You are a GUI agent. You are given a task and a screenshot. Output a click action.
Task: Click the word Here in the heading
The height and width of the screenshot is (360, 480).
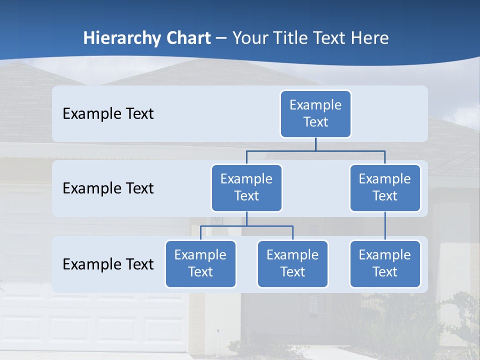(370, 38)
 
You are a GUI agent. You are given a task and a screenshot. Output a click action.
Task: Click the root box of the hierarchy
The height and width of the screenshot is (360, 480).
(315, 113)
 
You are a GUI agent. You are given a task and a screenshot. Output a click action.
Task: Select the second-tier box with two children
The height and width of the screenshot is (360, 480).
(246, 187)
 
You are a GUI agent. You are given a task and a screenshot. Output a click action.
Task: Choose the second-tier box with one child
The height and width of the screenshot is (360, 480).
(385, 187)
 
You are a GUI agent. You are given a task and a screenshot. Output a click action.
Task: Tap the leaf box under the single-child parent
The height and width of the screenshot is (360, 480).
(385, 263)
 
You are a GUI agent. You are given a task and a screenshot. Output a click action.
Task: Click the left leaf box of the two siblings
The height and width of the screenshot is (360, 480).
(200, 263)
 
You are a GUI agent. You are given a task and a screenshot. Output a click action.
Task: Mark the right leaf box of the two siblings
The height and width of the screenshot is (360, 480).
(292, 263)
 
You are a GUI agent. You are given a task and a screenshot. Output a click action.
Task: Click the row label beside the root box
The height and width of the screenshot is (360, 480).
(108, 114)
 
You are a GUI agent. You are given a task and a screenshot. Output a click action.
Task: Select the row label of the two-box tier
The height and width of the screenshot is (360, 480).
(108, 188)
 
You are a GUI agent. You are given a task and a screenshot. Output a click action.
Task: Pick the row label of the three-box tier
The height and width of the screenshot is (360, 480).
(108, 264)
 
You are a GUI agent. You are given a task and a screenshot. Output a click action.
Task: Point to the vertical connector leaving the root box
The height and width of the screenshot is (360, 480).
(315, 144)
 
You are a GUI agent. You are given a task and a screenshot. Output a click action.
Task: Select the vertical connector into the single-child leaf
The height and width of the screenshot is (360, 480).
(385, 226)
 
